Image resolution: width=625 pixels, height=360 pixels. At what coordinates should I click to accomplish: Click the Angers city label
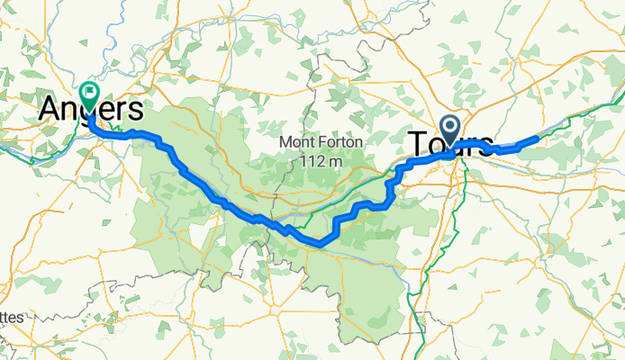pyautogui.click(x=90, y=111)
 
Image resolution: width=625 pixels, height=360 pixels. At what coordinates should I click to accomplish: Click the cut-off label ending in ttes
pyautogui.click(x=12, y=317)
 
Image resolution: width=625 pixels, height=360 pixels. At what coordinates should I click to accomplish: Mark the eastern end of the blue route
pyautogui.click(x=537, y=139)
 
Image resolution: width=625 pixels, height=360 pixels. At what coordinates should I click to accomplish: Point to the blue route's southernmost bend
pyautogui.click(x=319, y=242)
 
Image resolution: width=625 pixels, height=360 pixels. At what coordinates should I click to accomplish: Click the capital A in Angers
pyautogui.click(x=50, y=111)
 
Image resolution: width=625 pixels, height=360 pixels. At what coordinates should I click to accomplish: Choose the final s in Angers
pyautogui.click(x=136, y=111)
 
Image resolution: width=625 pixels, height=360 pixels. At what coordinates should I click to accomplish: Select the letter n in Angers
pyautogui.click(x=72, y=111)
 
